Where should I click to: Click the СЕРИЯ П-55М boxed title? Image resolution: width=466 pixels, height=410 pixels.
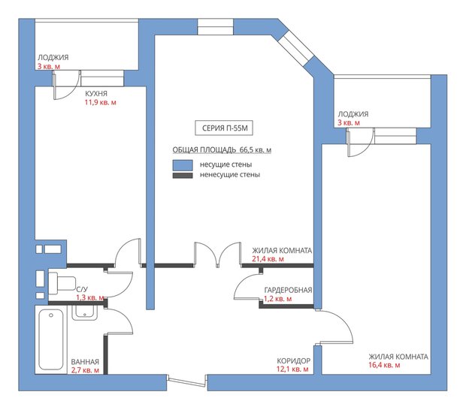(224, 127)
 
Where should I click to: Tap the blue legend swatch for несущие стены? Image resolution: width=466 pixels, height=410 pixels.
(183, 164)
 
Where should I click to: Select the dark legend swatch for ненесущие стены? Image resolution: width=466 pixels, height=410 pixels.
(183, 175)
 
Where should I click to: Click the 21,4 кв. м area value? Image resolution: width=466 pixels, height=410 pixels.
(268, 259)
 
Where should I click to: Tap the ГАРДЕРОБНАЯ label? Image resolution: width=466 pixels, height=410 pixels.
(288, 290)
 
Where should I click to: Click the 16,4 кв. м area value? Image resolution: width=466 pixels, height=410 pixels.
(384, 366)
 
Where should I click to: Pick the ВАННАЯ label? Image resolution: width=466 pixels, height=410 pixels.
(85, 361)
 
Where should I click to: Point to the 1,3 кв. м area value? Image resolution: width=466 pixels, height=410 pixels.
(90, 297)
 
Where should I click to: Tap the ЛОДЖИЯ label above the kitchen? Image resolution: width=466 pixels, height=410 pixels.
(53, 57)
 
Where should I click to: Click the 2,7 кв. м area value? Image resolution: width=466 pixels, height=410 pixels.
(85, 370)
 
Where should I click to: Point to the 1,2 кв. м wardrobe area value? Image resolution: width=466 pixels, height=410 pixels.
(277, 299)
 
